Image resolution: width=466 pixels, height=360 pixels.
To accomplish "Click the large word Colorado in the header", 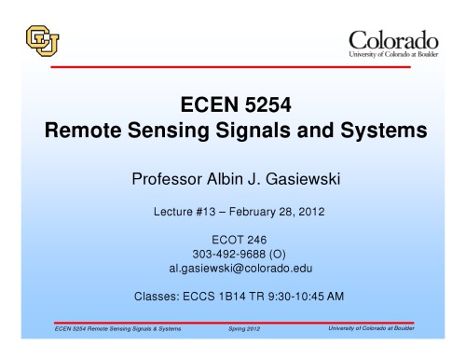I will click(392, 40).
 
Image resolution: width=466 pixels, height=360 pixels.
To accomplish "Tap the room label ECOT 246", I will click(231, 240).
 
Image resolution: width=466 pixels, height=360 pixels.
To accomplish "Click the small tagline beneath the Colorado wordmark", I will click(392, 55).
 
